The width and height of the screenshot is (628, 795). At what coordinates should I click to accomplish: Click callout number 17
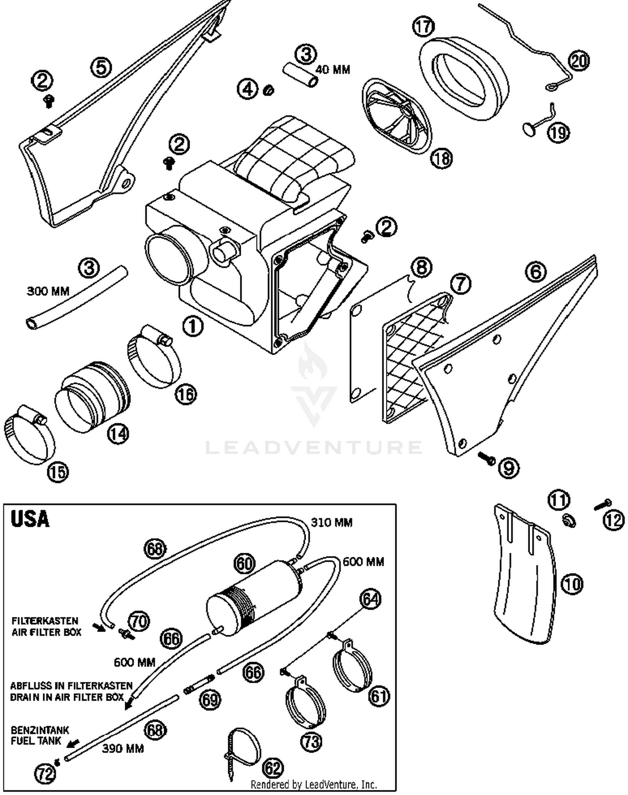coord(423,26)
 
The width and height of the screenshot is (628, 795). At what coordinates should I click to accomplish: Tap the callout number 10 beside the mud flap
coord(572,583)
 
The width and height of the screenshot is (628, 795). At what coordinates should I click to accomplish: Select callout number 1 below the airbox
coord(193,326)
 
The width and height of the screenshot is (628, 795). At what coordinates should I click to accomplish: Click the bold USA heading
coord(30,519)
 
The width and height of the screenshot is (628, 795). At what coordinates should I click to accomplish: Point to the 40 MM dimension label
coord(333,70)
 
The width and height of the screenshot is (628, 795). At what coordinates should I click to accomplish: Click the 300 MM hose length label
coord(48,291)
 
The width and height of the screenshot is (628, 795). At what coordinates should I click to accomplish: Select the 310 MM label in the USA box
coord(332,522)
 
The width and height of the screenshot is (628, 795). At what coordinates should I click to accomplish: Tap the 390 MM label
coord(123,748)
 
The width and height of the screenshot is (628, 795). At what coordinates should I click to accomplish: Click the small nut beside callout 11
coord(569,521)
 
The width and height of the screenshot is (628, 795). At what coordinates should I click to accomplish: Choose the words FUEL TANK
coord(36,741)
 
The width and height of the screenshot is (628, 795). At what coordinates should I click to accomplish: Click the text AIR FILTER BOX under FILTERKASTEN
coord(46,632)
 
